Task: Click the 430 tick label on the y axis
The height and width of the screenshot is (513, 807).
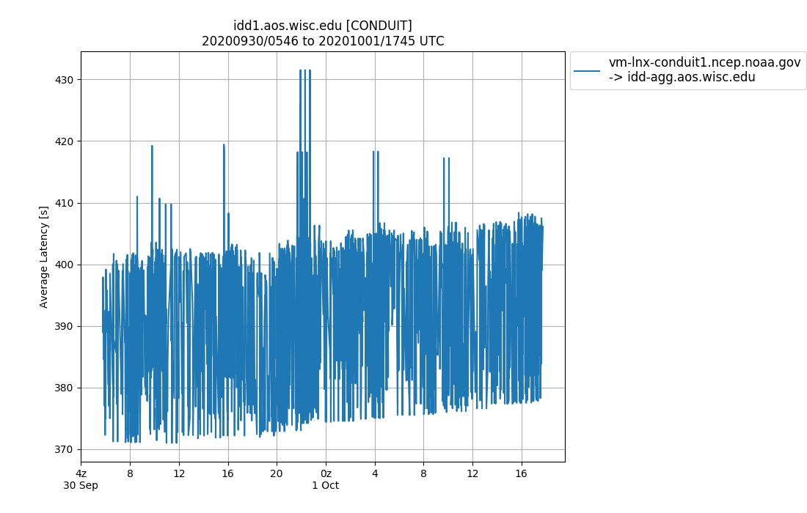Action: tap(65, 79)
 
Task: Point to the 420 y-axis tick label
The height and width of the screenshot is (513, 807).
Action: tap(65, 141)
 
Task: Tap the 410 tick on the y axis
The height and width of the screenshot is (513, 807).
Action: tap(65, 203)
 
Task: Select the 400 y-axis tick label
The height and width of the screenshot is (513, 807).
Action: tap(65, 265)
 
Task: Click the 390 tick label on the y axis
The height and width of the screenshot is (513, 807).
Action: tap(65, 326)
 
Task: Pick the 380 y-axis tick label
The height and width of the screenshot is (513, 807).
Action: tap(65, 388)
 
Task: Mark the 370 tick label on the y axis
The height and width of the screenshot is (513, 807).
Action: tap(65, 449)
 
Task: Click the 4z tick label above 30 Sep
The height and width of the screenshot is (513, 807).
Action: tap(81, 473)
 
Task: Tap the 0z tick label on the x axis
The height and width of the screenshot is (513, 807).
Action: tap(326, 473)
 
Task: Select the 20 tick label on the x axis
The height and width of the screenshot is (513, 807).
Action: tap(277, 473)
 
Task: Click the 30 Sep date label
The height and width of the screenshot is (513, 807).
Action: tap(81, 485)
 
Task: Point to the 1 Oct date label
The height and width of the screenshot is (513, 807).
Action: tap(326, 485)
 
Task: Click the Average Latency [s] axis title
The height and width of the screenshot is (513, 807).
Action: tap(44, 256)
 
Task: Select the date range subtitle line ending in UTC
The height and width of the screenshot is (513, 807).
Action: tap(323, 41)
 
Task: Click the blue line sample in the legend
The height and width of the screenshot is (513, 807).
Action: tap(587, 70)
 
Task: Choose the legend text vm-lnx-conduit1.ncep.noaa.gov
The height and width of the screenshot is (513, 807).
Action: tap(704, 63)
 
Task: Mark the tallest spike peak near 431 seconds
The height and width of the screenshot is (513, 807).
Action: tap(301, 70)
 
